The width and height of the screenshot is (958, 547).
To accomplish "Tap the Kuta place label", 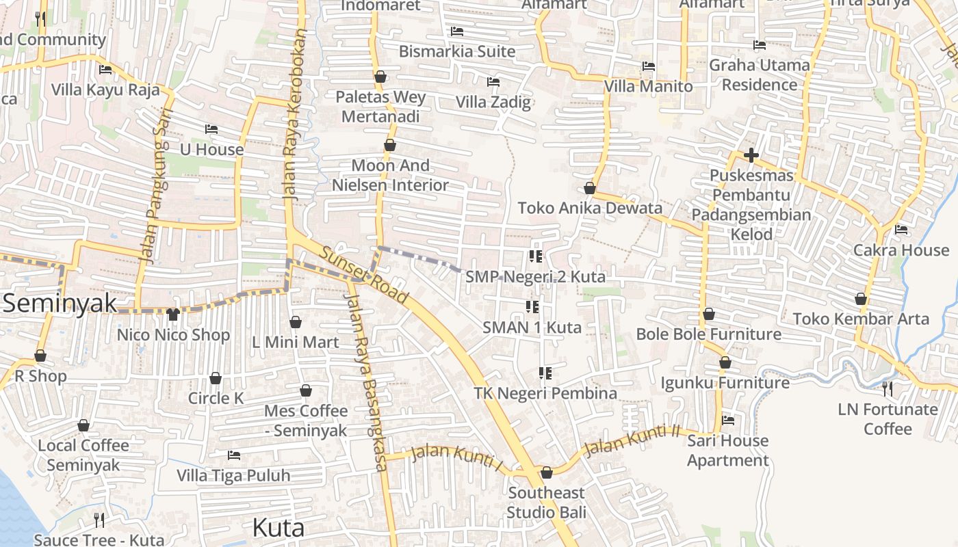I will [278, 528].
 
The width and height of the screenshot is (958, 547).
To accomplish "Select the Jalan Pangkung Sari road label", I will [155, 185].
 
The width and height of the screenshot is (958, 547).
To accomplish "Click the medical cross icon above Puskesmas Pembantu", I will [751, 155].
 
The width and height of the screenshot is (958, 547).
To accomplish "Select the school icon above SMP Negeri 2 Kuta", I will [535, 256].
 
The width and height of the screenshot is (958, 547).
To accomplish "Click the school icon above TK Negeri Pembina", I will [545, 373].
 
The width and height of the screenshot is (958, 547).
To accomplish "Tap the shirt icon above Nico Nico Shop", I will [172, 315].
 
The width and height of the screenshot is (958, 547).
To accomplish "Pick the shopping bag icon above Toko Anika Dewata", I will [590, 188].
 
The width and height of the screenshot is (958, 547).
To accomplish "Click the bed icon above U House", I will [211, 129].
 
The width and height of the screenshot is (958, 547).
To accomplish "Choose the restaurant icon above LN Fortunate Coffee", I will [888, 389].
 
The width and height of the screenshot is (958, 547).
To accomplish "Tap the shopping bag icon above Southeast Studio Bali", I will [546, 472].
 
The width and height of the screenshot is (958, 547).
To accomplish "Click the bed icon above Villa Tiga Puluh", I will [234, 455].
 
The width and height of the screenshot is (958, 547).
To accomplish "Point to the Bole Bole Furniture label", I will [708, 334].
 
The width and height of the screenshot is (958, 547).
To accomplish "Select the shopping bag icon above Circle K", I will [216, 378].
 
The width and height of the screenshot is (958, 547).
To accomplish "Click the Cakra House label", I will [901, 250].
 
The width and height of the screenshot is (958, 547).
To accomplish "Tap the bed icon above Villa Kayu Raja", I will [105, 70].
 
